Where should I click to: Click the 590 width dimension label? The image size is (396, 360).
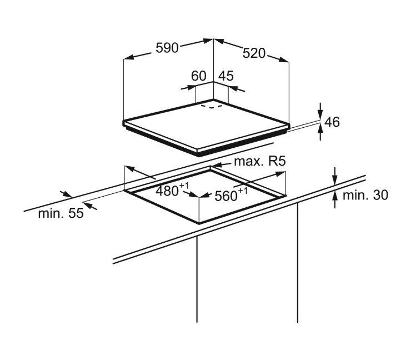point(167,48)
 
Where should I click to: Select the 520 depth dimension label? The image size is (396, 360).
point(254,53)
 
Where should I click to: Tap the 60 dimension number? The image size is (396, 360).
point(198,76)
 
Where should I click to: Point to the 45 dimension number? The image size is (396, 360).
point(225,76)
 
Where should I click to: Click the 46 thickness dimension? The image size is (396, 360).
point(332,122)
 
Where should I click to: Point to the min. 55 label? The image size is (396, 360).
point(61,213)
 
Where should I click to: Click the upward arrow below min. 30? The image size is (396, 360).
point(335,199)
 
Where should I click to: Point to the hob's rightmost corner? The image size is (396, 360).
point(289,125)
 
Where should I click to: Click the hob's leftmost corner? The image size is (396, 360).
point(123,122)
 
